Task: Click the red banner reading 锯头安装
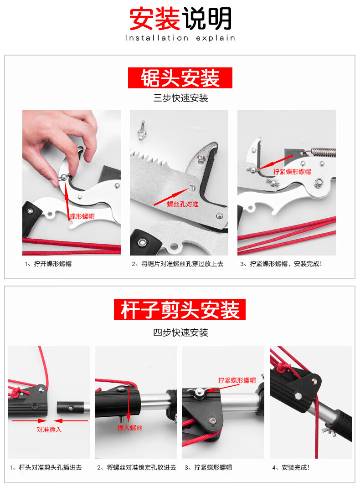[180, 78]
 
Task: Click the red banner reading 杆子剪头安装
[180, 310]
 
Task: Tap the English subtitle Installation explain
[180, 38]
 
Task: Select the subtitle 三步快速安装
[180, 98]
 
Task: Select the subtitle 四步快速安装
[180, 333]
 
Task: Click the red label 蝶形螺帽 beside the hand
[82, 216]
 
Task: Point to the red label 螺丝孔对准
[183, 204]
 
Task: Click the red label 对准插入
[49, 430]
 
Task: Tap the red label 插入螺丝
[129, 428]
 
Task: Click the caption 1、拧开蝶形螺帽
[48, 264]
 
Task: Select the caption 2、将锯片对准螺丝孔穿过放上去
[177, 264]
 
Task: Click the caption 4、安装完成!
[291, 467]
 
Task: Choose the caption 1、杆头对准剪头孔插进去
[46, 467]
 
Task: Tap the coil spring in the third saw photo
[323, 152]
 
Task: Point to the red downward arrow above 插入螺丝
[128, 404]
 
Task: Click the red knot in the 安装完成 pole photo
[281, 368]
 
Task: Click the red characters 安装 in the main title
[154, 19]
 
